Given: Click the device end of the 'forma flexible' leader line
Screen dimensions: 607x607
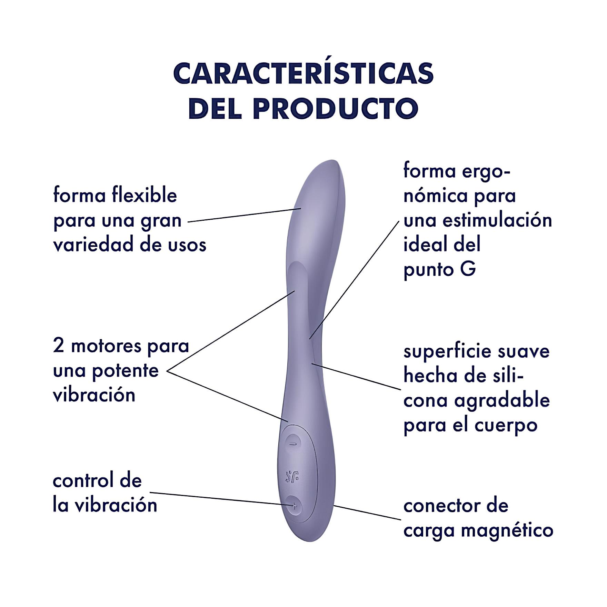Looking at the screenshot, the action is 301,208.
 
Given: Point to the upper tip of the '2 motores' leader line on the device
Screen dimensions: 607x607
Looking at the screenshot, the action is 295,291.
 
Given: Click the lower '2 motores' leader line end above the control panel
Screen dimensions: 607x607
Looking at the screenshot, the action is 288,421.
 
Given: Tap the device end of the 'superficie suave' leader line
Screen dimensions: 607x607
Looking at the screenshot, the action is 311,363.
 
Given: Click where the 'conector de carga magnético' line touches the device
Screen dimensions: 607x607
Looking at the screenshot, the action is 334,506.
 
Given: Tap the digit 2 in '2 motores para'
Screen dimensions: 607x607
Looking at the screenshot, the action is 58,346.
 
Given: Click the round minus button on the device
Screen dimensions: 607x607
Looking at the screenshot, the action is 293,444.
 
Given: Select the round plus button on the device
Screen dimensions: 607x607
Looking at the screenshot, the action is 294,506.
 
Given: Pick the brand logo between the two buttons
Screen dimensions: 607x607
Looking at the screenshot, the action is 292,476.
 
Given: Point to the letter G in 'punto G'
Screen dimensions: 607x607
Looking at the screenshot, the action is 468,269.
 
